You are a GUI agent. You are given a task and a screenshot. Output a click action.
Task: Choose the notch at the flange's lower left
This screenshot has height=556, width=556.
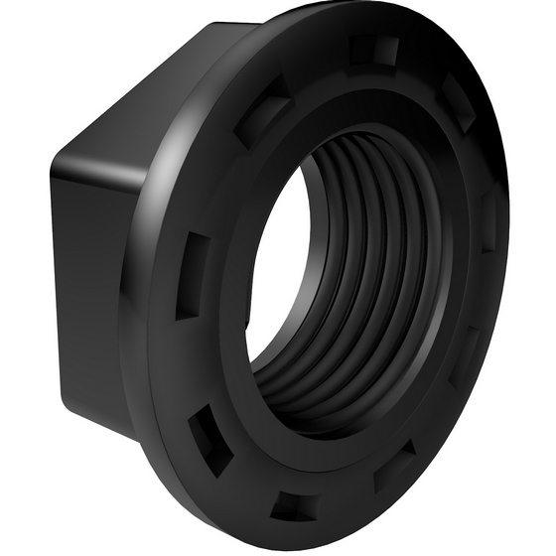210,437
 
